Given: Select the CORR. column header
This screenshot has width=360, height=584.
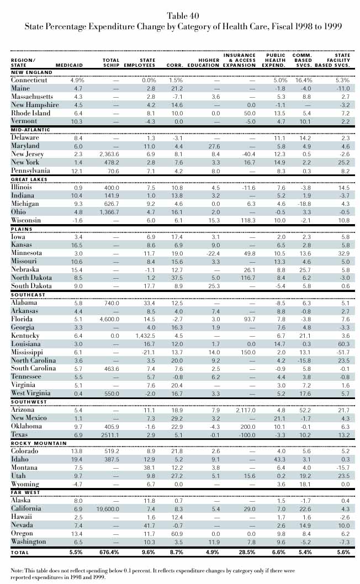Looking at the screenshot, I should point(176,66).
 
